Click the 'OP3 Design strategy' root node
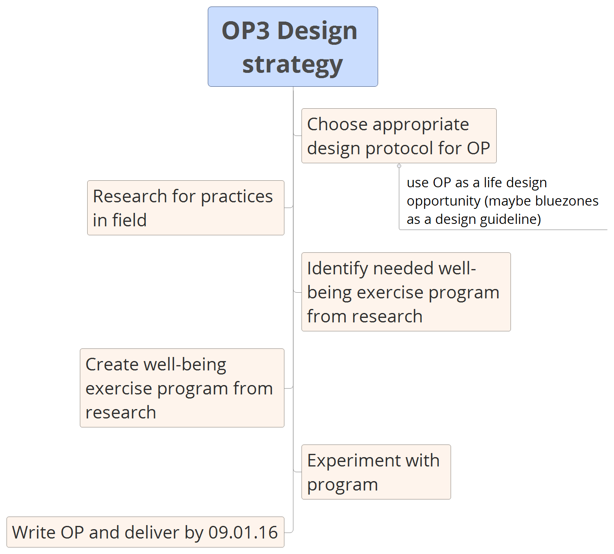[293, 46]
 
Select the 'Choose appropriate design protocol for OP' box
[398, 136]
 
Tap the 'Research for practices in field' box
[185, 208]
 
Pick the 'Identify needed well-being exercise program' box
[406, 292]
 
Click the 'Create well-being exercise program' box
[182, 388]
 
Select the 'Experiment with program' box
[376, 472]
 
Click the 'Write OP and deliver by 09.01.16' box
[145, 532]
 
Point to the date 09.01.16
[243, 532]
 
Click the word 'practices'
[237, 197]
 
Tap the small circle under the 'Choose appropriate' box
[399, 166]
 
